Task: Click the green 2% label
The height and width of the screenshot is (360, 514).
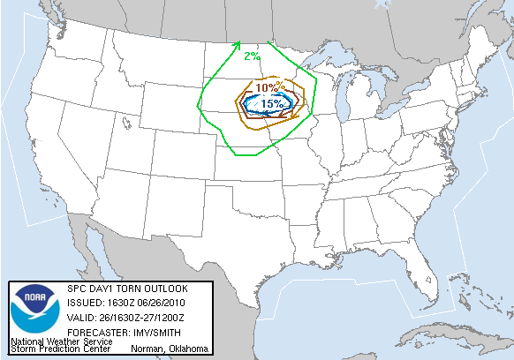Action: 252,56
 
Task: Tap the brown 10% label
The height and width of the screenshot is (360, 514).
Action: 268,87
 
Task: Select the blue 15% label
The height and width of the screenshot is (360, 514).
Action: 272,103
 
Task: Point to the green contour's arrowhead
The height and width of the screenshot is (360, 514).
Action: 237,45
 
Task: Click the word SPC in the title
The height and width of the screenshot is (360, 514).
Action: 76,289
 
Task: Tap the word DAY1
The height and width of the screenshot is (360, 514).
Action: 103,289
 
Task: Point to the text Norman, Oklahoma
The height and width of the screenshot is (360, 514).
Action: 170,349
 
